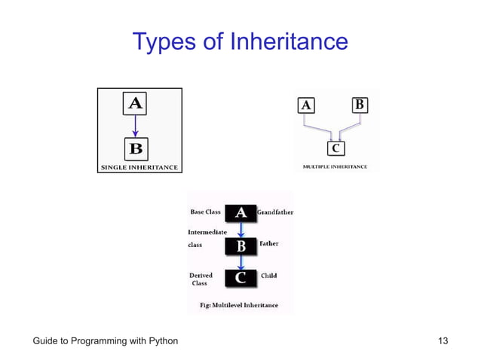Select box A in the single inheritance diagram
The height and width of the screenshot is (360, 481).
pyautogui.click(x=135, y=104)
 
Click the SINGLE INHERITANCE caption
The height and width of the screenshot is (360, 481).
pyautogui.click(x=139, y=167)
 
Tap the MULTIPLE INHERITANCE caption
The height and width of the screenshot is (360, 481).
pyautogui.click(x=335, y=166)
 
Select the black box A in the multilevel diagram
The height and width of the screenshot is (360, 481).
pyautogui.click(x=240, y=212)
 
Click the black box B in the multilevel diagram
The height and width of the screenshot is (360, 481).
pyautogui.click(x=240, y=246)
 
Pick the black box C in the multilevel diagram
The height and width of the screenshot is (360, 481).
pyautogui.click(x=240, y=277)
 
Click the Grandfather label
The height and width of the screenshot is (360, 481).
pyautogui.click(x=275, y=212)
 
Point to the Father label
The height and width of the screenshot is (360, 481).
pyautogui.click(x=269, y=244)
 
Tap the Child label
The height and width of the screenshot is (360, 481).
pyautogui.click(x=268, y=276)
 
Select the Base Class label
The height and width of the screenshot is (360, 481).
pyautogui.click(x=205, y=212)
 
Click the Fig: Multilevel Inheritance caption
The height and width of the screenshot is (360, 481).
pyautogui.click(x=238, y=305)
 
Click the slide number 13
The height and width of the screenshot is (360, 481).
pyautogui.click(x=443, y=341)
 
